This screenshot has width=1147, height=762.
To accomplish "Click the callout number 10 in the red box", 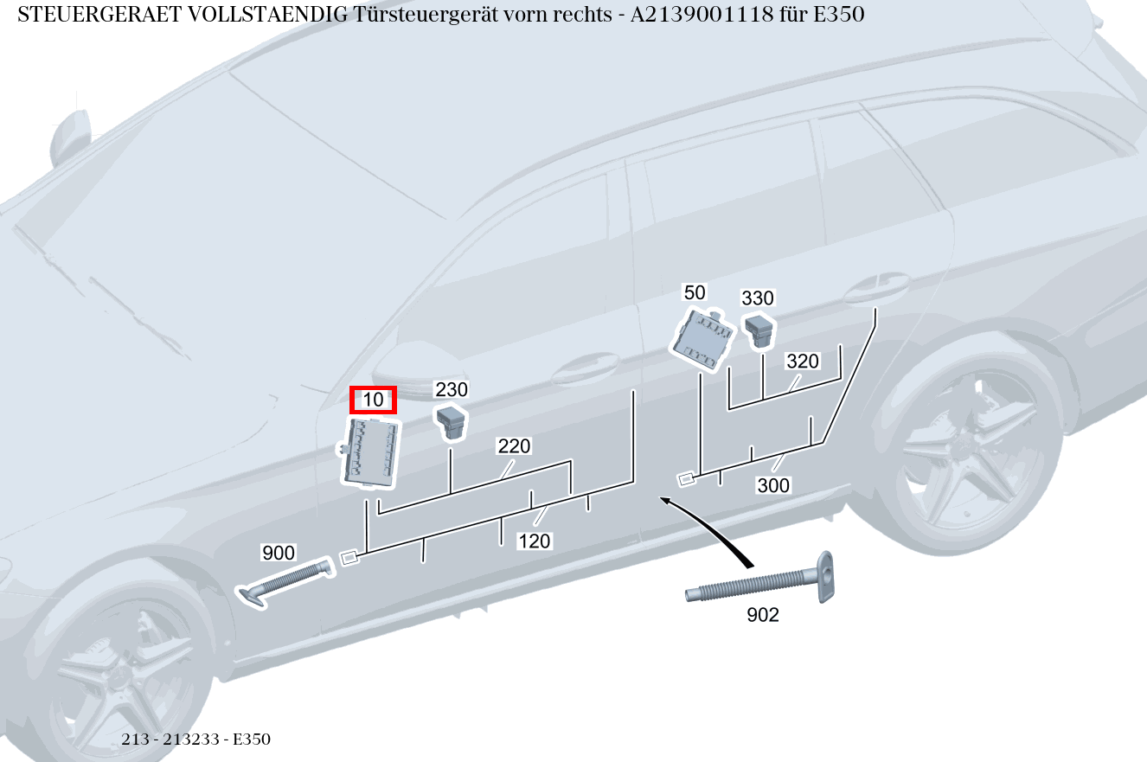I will point(373,400).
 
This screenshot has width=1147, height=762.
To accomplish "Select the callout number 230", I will point(451,390).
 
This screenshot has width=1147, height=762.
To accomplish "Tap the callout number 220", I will point(514,447).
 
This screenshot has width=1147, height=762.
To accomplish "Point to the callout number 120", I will point(534,541).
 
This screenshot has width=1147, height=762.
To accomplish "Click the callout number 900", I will point(279,553).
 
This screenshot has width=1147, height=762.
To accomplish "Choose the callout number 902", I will point(762,615).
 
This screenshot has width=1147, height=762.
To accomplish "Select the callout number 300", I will point(773,486).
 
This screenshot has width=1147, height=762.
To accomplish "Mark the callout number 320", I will point(802,362).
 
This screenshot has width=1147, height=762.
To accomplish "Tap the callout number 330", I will point(758,298).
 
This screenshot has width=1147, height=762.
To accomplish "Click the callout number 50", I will point(695,292).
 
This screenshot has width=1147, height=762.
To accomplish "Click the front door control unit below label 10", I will point(373,451).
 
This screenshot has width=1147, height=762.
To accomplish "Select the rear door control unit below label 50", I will point(703,340).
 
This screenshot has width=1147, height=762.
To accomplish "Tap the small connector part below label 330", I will point(759,330).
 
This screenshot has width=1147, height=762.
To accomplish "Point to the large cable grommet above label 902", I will point(761,584).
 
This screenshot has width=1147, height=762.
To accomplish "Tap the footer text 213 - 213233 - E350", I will point(196,740).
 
